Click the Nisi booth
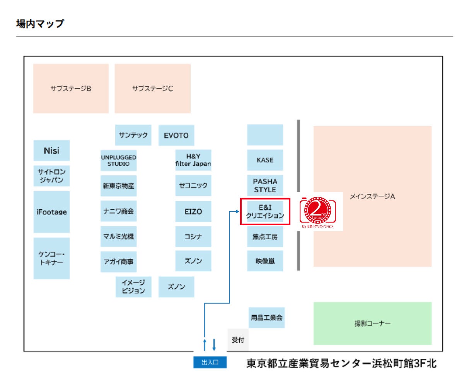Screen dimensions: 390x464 click(51, 151)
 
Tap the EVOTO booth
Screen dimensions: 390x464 click(176, 135)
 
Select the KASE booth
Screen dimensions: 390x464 click(265, 160)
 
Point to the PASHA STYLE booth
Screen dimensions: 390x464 click(265, 185)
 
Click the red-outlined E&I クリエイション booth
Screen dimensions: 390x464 click(265, 212)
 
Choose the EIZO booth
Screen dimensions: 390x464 click(193, 212)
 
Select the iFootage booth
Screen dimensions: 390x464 click(51, 212)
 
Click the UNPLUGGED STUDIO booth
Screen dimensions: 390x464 click(118, 161)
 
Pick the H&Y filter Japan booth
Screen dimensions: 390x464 click(193, 160)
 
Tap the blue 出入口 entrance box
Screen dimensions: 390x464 click(210, 363)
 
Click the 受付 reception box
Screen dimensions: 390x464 click(238, 340)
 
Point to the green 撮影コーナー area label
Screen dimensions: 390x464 click(372, 323)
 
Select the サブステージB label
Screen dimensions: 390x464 click(71, 89)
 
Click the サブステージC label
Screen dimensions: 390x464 click(153, 89)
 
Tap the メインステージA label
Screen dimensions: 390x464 click(372, 197)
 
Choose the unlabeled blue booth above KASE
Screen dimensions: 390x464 click(265, 135)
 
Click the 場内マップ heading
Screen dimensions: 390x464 click(40, 24)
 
